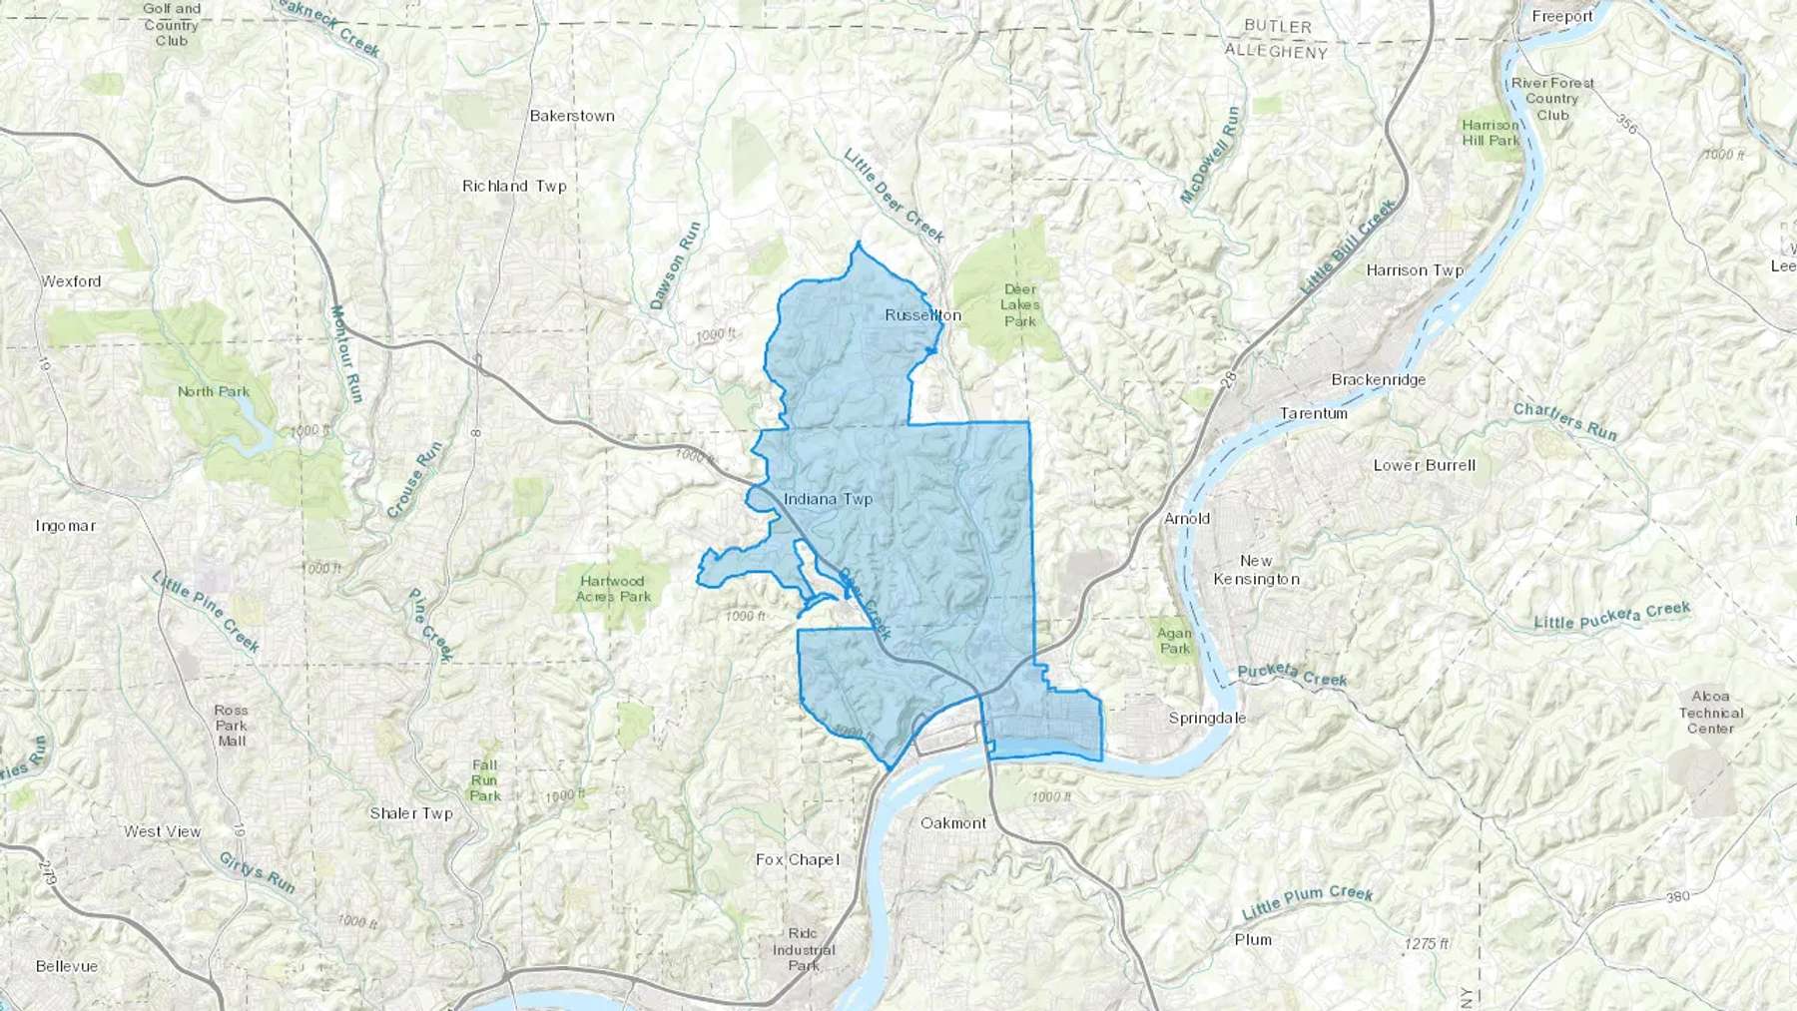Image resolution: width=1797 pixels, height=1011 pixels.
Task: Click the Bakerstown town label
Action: pyautogui.click(x=572, y=116)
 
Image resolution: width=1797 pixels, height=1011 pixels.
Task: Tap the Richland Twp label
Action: pyautogui.click(x=514, y=186)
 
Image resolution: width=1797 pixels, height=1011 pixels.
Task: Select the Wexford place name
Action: pyautogui.click(x=71, y=281)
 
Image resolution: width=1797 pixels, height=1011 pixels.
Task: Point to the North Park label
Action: pyautogui.click(x=214, y=391)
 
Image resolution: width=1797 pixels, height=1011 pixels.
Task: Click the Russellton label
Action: pyautogui.click(x=922, y=315)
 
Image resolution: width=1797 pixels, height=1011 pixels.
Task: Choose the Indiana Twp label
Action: pyautogui.click(x=828, y=499)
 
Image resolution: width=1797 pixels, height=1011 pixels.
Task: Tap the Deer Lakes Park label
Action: pyautogui.click(x=1019, y=305)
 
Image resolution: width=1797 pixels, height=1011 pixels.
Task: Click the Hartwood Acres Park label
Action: pyautogui.click(x=613, y=589)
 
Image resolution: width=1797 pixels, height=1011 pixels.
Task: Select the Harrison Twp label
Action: pyautogui.click(x=1415, y=270)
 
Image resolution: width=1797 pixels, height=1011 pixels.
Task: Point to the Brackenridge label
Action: pyautogui.click(x=1378, y=380)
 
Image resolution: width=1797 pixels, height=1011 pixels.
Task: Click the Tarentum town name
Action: pyautogui.click(x=1313, y=413)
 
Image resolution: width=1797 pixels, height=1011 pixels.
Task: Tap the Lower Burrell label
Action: pyautogui.click(x=1424, y=465)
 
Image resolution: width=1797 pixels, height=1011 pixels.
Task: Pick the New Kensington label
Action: pyautogui.click(x=1256, y=570)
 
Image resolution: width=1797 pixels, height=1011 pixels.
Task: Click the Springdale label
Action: pyautogui.click(x=1207, y=719)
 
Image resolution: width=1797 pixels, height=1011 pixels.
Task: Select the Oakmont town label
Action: pyautogui.click(x=952, y=823)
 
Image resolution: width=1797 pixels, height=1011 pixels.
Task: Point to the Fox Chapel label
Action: pyautogui.click(x=797, y=859)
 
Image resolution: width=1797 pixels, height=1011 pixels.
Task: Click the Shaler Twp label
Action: pyautogui.click(x=411, y=813)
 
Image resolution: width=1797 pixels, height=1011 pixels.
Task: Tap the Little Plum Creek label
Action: pyautogui.click(x=1307, y=902)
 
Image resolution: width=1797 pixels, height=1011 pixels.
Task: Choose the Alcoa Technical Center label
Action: pyautogui.click(x=1710, y=713)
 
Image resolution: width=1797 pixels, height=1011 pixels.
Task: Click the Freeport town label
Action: pyautogui.click(x=1562, y=17)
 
